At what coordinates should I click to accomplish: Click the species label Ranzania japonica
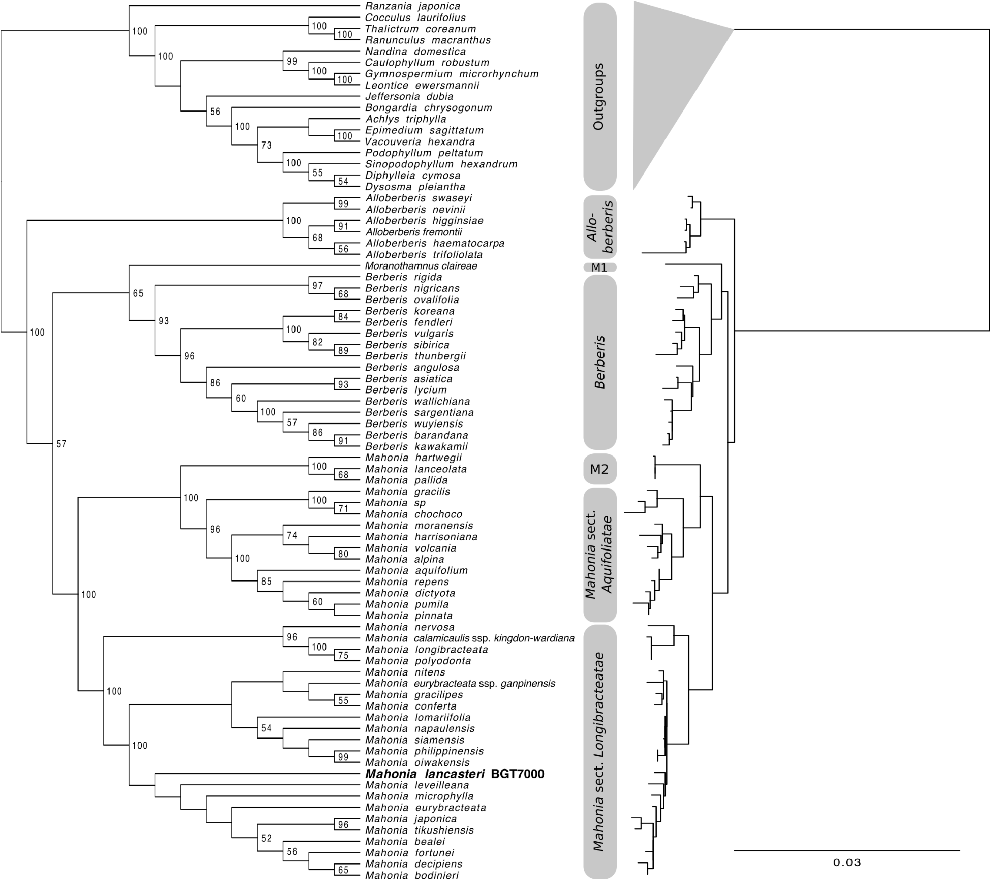pyautogui.click(x=412, y=7)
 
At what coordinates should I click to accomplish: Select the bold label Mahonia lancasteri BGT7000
pyautogui.click(x=455, y=774)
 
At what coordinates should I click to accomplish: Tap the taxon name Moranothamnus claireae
pyautogui.click(x=421, y=266)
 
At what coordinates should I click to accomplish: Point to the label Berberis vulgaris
pyautogui.click(x=409, y=334)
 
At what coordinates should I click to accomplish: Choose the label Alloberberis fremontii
pyautogui.click(x=413, y=232)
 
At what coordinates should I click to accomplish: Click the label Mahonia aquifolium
pyautogui.click(x=416, y=571)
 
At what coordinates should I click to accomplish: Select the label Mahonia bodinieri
pyautogui.click(x=412, y=875)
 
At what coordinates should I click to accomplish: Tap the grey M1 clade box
pyautogui.click(x=600, y=267)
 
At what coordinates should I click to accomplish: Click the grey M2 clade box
pyautogui.click(x=600, y=469)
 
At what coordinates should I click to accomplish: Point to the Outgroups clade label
pyautogui.click(x=599, y=96)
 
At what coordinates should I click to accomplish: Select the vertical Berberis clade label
pyautogui.click(x=600, y=362)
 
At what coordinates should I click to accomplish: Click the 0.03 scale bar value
pyautogui.click(x=847, y=862)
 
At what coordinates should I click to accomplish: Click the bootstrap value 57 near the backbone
pyautogui.click(x=61, y=444)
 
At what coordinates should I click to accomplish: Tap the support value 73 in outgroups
pyautogui.click(x=266, y=145)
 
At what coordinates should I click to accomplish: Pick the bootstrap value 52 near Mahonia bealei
pyautogui.click(x=266, y=838)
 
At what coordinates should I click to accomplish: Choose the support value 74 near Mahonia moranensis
pyautogui.click(x=291, y=535)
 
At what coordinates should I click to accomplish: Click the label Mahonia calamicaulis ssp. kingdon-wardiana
pyautogui.click(x=470, y=638)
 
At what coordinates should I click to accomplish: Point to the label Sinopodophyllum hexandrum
pyautogui.click(x=441, y=164)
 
